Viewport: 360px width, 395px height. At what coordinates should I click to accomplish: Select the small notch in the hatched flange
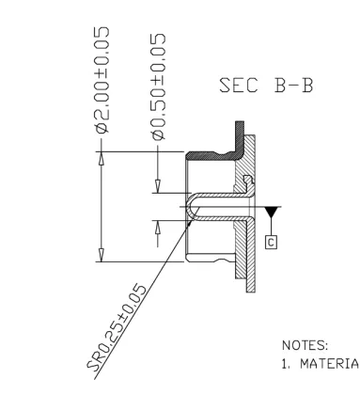[246, 180]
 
